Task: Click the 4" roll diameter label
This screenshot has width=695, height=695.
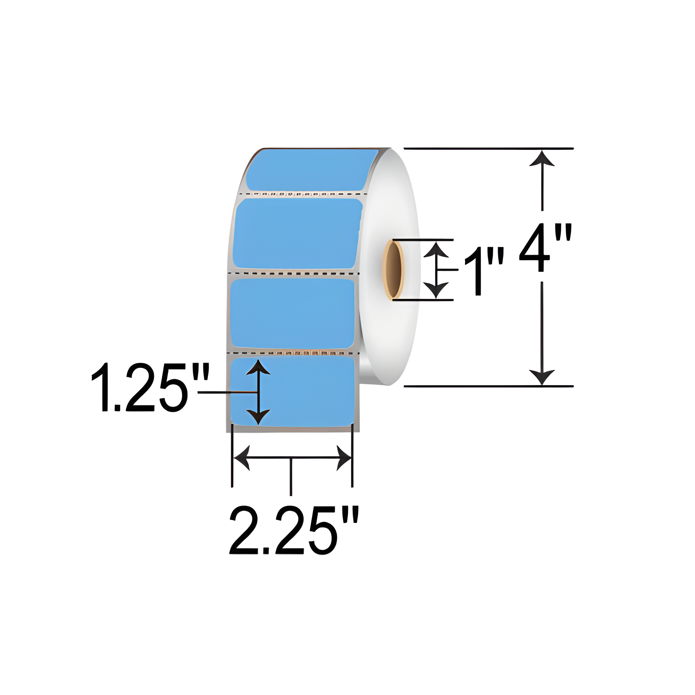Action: [x=545, y=248]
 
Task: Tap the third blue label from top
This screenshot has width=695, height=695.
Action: [x=292, y=314]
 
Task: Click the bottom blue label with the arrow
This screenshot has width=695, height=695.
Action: [x=306, y=392]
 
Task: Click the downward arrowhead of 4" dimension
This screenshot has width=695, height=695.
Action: [x=542, y=376]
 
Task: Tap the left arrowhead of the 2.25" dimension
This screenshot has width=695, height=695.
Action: [x=243, y=458]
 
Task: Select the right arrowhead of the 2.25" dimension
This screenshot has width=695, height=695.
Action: [x=343, y=458]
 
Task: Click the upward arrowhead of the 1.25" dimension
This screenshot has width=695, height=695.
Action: [x=258, y=368]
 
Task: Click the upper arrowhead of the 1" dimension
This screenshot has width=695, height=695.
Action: [x=436, y=250]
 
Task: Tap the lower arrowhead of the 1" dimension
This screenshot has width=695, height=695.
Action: [x=436, y=289]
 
